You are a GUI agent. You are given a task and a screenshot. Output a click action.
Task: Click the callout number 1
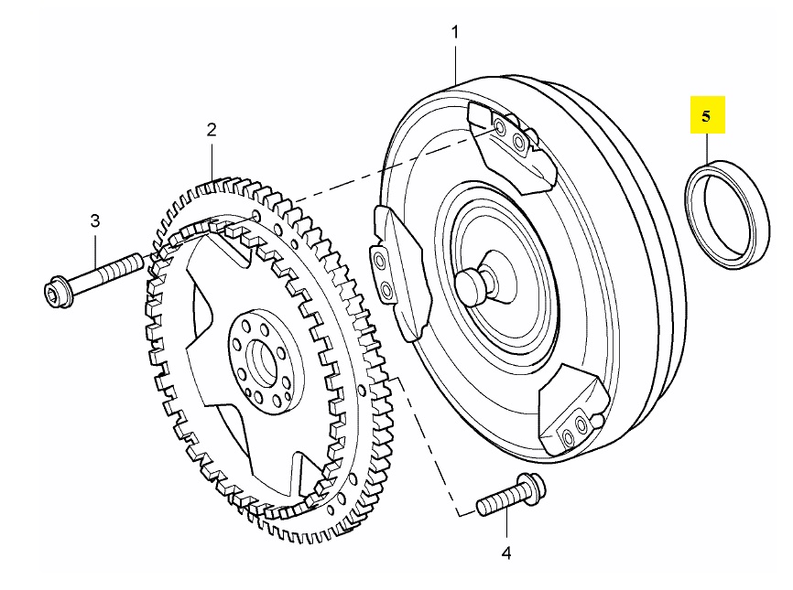click(x=455, y=32)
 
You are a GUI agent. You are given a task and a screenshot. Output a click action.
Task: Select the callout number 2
click(x=212, y=130)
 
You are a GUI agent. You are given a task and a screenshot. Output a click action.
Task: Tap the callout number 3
click(x=95, y=220)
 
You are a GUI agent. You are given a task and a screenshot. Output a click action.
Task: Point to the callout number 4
click(x=506, y=553)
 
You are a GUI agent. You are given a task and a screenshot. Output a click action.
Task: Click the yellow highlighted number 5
click(x=706, y=116)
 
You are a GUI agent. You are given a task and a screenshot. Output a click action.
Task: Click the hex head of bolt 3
click(x=60, y=292)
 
